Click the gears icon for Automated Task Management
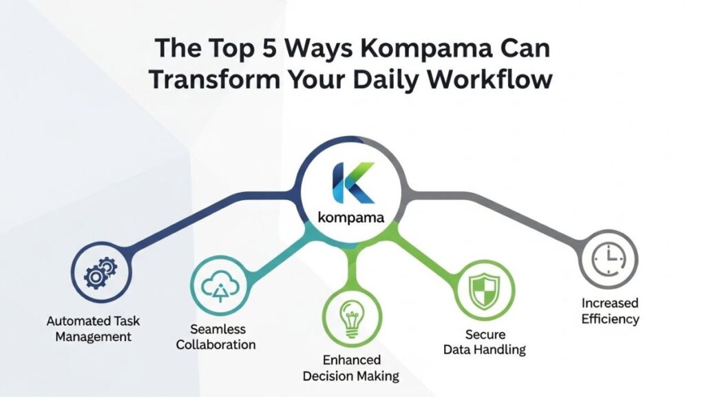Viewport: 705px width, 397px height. coord(101,275)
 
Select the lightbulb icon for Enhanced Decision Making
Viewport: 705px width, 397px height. coord(350,316)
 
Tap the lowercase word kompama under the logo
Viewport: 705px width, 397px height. coord(351,218)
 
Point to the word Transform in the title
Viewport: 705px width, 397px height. coord(218,80)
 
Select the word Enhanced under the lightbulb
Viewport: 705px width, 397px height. coord(350,360)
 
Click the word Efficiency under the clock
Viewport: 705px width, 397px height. coord(610,319)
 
